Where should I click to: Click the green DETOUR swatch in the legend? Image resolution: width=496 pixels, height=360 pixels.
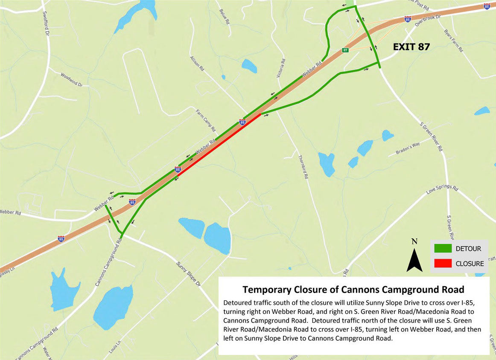(443, 249)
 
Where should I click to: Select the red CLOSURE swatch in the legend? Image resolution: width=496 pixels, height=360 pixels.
(443, 264)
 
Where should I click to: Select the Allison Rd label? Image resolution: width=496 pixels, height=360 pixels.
(198, 65)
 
